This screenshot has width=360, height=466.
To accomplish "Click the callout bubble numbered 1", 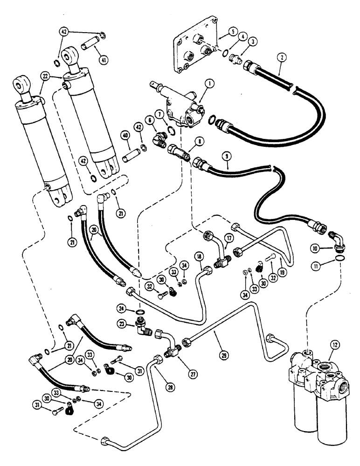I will (196, 84).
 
